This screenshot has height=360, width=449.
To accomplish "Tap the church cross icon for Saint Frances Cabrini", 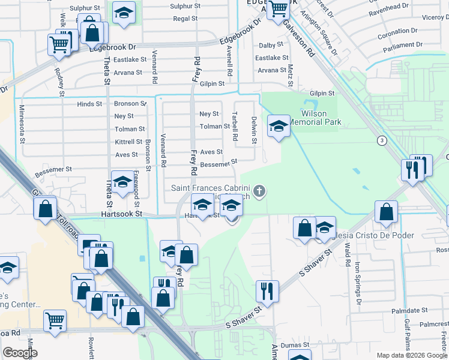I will pos(259,191).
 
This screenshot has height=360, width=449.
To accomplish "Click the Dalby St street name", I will pos(271,46).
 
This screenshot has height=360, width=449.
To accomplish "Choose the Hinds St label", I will pos(89,104).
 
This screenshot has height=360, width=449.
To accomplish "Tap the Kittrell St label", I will pos(128,142).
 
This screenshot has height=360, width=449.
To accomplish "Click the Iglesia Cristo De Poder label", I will pos(369,235).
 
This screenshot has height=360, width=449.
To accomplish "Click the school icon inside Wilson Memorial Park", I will pos(278,126).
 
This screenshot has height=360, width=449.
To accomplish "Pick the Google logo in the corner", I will pos(20,353).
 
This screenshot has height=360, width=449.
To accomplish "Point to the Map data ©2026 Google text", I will pos(412,355).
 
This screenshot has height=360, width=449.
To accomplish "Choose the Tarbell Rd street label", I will pos(235,124).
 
